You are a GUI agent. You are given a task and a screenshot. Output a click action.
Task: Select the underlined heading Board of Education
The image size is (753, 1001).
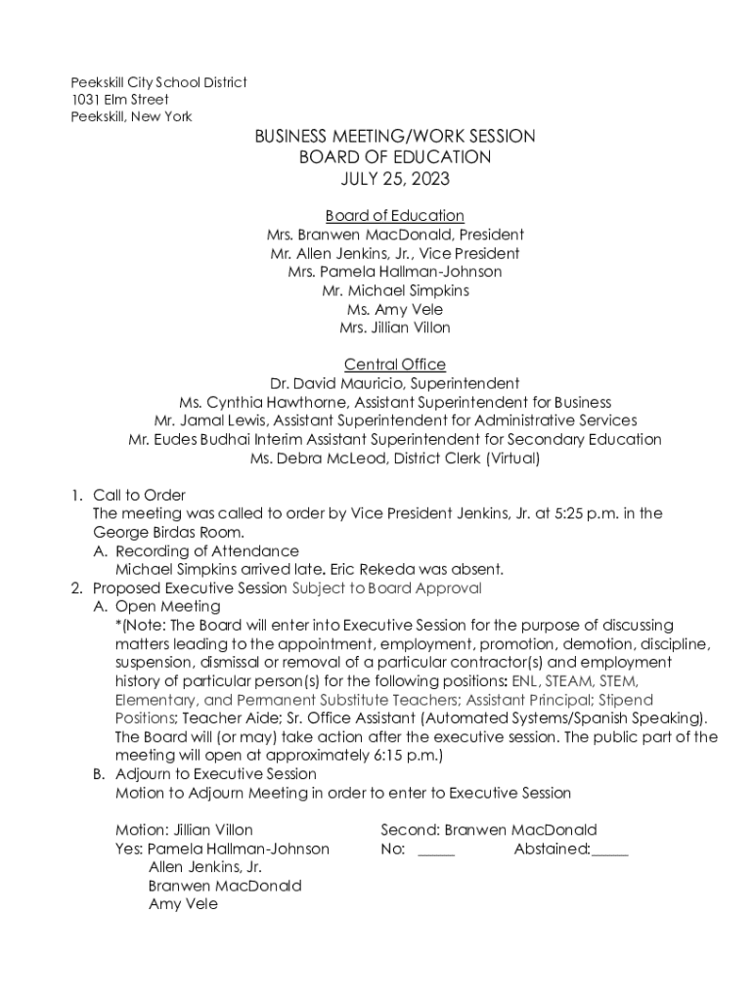tap(394, 216)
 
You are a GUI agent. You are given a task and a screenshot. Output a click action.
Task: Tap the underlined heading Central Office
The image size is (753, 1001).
tap(394, 365)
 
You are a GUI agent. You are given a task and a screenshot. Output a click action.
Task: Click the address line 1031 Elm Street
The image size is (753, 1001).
tap(119, 100)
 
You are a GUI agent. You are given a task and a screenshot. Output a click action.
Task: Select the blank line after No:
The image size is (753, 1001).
tap(436, 849)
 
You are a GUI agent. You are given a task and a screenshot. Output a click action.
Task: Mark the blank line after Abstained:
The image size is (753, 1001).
tap(609, 849)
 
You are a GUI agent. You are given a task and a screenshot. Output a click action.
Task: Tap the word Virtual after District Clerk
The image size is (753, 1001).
tap(509, 458)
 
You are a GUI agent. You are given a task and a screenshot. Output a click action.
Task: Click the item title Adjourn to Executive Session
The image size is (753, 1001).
tap(215, 774)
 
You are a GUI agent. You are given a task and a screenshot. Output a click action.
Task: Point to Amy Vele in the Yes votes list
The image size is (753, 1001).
tap(183, 905)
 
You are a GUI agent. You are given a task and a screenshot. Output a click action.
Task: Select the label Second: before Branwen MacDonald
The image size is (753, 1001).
tap(410, 831)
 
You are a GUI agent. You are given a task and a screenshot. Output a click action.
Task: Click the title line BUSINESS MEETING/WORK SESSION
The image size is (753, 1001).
tap(394, 137)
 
